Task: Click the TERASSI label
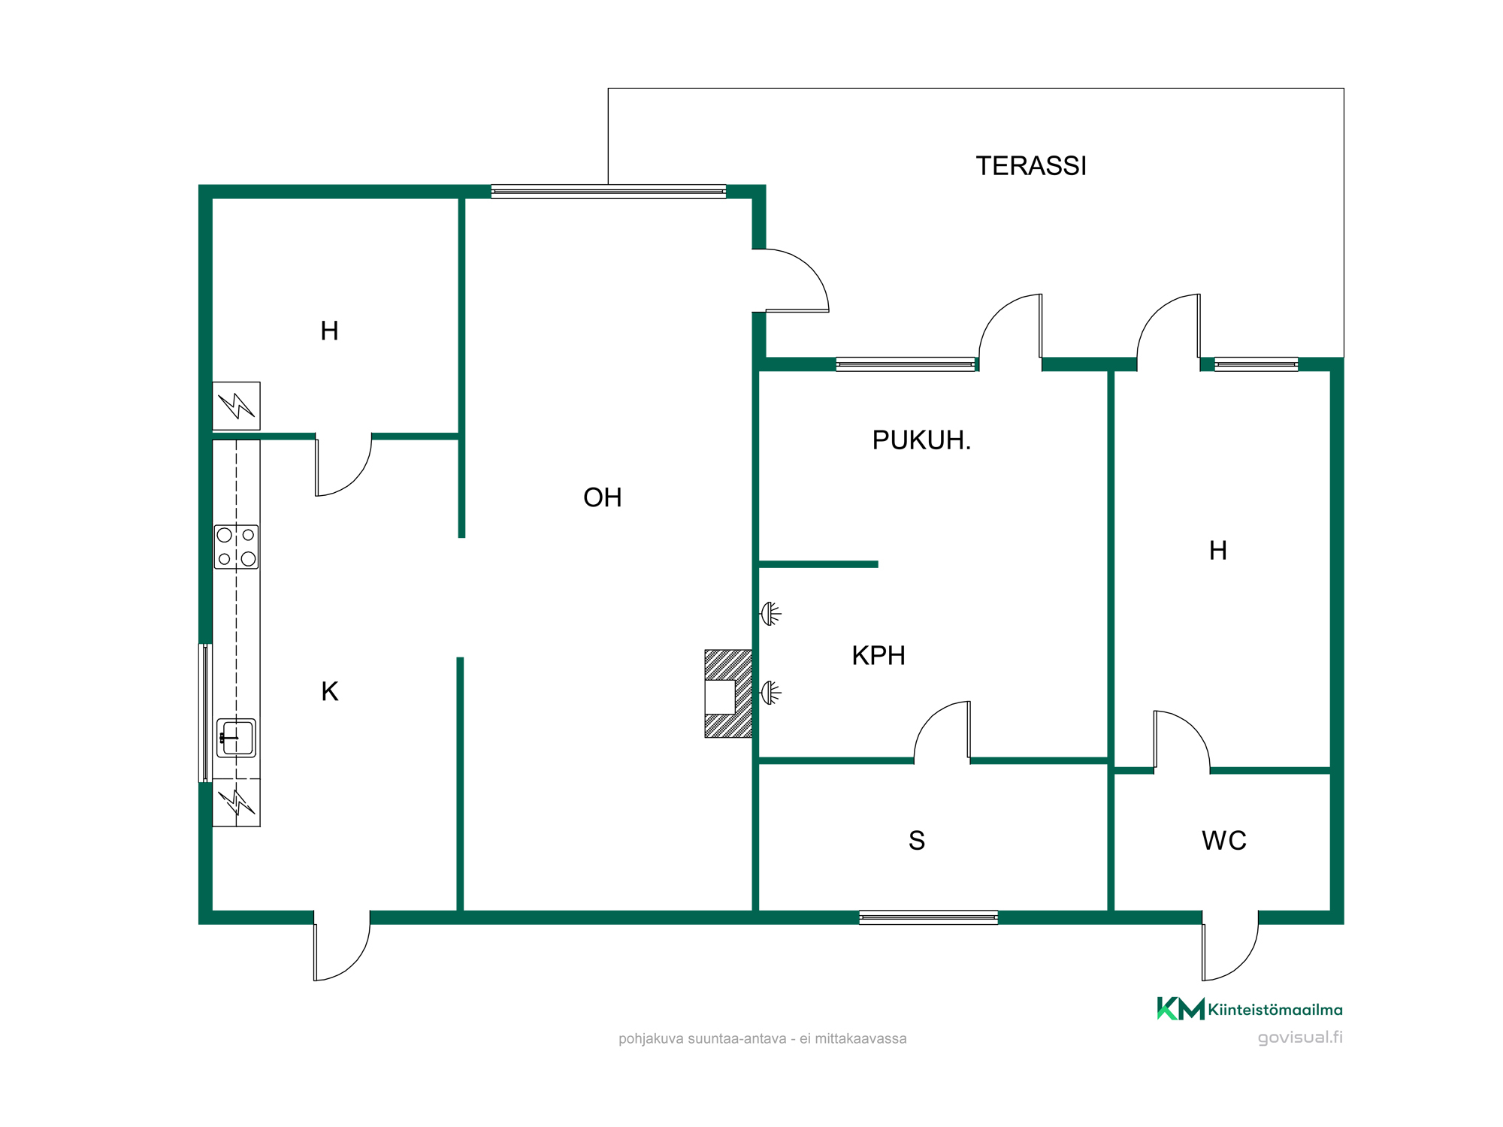pyautogui.click(x=1031, y=166)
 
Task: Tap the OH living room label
pyautogui.click(x=602, y=497)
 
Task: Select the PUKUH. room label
pyautogui.click(x=921, y=440)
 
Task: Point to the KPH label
pyautogui.click(x=879, y=656)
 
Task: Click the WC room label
pyautogui.click(x=1224, y=841)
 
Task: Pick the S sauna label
pyautogui.click(x=917, y=841)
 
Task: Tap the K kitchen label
pyautogui.click(x=330, y=692)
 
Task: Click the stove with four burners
pyautogui.click(x=237, y=547)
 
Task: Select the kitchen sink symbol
pyautogui.click(x=237, y=738)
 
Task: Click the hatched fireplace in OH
pyautogui.click(x=728, y=693)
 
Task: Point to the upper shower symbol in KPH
pyautogui.click(x=771, y=614)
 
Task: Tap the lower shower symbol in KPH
pyautogui.click(x=771, y=692)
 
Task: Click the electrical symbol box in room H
pyautogui.click(x=236, y=406)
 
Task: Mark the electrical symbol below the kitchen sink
pyautogui.click(x=236, y=802)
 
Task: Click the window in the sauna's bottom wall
pyautogui.click(x=929, y=917)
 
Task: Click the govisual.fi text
pyautogui.click(x=1300, y=1038)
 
